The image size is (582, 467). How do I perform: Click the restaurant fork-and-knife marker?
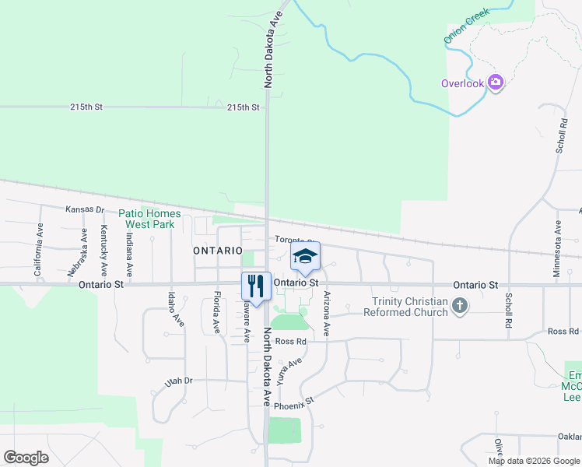255,284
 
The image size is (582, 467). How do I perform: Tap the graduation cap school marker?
305,256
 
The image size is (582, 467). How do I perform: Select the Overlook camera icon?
496,83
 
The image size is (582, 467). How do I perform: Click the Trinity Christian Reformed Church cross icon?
460,307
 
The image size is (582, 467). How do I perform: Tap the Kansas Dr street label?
84,209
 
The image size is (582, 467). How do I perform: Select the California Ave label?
37,251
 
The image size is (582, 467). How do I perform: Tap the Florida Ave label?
216,312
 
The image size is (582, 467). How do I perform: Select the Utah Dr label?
178,381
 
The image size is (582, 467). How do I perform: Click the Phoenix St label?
293,403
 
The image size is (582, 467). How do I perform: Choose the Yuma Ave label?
289,372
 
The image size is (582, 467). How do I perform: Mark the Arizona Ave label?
326,314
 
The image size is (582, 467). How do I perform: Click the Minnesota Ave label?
557,248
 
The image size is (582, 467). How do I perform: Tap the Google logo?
26,458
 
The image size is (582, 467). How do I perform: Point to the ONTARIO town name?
218,251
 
